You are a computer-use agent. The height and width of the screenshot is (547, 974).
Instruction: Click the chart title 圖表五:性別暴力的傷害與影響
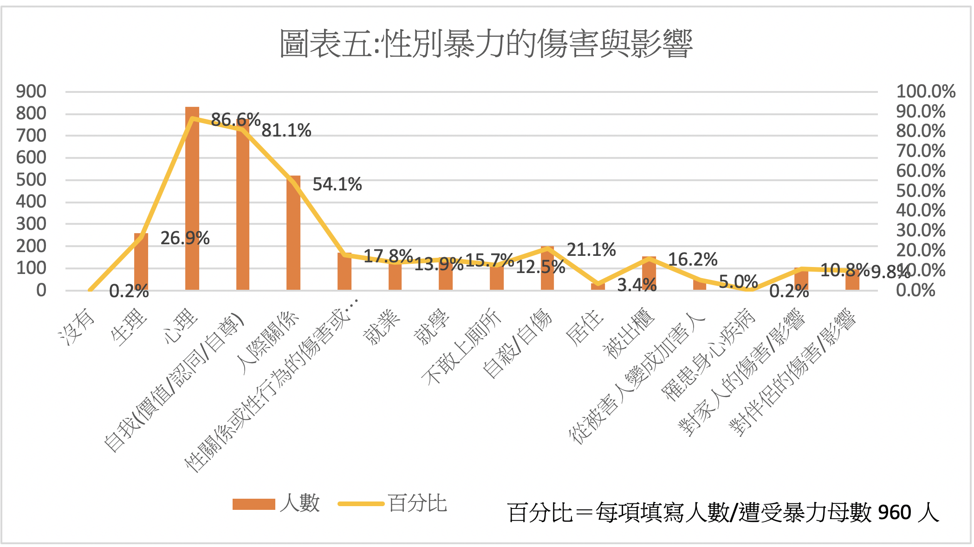pos(486,44)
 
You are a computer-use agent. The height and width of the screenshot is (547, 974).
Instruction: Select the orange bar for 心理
pos(192,200)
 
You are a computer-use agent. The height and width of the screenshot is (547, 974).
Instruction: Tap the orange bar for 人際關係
pos(293,232)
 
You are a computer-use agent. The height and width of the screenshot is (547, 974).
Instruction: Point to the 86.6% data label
pos(235,120)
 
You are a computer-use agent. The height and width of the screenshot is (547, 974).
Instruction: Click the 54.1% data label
pos(337,184)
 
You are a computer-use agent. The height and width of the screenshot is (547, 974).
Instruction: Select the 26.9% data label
pos(185,238)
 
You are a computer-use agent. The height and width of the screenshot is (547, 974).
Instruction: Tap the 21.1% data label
pos(591,250)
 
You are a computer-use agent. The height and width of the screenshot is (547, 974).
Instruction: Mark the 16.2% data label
pos(693,260)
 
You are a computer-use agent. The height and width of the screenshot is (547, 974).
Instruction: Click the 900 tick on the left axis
pos(31,91)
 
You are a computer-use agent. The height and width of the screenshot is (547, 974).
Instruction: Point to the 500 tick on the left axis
pos(31,180)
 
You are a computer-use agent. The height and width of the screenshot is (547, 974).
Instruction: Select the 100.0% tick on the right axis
pos(925,91)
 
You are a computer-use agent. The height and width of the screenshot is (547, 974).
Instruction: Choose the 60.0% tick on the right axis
pos(920,171)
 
